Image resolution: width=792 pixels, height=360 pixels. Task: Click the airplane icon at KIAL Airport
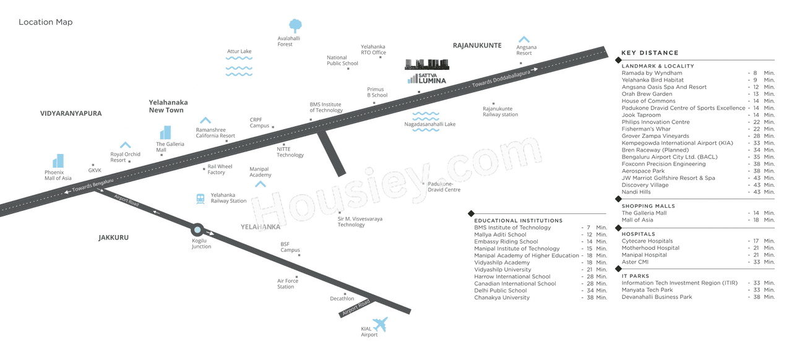381,324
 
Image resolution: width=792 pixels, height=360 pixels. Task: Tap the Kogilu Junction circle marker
197,230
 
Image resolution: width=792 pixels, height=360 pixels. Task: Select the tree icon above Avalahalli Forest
295,26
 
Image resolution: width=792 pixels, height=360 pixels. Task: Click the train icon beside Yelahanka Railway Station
200,199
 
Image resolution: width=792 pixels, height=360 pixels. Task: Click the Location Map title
46,22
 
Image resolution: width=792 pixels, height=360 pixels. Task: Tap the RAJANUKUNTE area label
477,45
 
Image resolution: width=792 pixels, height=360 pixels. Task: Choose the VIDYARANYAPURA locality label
71,114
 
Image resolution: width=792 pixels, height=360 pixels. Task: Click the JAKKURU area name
113,238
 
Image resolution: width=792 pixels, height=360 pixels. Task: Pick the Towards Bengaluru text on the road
93,185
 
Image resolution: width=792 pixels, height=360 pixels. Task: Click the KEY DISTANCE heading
650,53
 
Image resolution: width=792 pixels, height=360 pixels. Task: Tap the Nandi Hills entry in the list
636,192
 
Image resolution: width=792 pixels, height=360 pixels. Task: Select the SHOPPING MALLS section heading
648,206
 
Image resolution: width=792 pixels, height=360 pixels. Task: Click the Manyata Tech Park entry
647,290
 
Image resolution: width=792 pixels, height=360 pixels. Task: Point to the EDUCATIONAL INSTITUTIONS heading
519,221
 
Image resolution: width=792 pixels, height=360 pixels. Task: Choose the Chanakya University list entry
502,298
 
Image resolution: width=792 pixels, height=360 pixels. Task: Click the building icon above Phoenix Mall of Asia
58,161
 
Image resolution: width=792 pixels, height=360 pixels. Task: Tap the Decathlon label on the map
342,299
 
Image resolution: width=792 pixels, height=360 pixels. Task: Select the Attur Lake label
239,51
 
